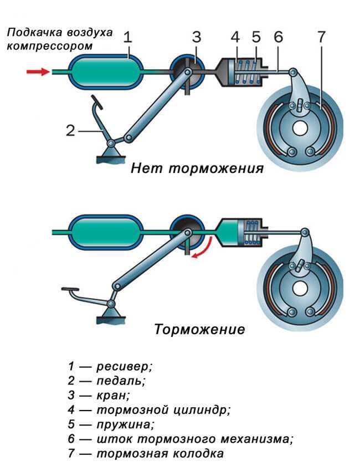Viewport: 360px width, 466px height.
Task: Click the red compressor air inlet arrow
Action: tap(36, 71)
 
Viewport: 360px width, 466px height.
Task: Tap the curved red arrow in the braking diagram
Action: tap(203, 248)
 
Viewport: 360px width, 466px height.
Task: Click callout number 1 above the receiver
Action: tap(127, 37)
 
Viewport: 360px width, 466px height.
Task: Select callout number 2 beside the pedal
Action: tap(70, 131)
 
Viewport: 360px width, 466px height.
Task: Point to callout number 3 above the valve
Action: tap(196, 37)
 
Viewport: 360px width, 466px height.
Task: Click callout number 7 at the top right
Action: tap(322, 37)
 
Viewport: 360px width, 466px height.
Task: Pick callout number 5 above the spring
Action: tap(255, 37)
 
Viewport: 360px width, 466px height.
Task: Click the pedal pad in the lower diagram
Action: tap(71, 290)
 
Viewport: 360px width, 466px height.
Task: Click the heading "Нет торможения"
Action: tap(197, 168)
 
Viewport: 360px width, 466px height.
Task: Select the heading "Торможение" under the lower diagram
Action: tap(199, 330)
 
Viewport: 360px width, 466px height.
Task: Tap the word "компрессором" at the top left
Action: tap(49, 45)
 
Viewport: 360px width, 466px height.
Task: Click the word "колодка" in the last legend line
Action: tap(200, 454)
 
